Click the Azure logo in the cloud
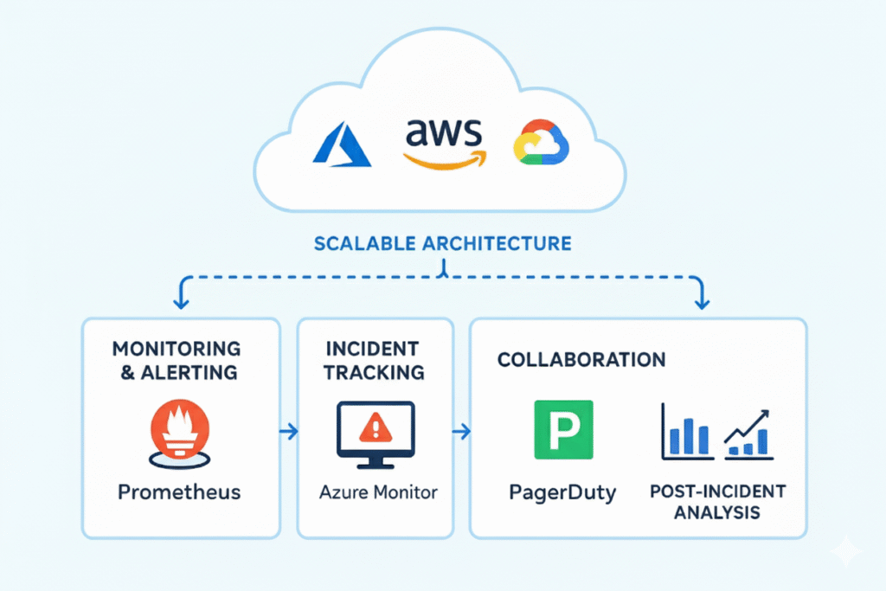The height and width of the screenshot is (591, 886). click(x=341, y=144)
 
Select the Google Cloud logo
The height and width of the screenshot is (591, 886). click(x=541, y=142)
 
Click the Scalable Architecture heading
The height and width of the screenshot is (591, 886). click(x=442, y=242)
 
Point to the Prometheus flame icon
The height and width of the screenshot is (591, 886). click(x=179, y=429)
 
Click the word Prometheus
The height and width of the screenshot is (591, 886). click(x=179, y=492)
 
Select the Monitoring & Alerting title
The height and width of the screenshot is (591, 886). click(x=177, y=360)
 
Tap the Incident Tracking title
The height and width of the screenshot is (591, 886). click(x=375, y=360)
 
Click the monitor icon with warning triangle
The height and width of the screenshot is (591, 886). click(x=375, y=433)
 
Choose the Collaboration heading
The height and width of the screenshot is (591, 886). click(x=581, y=359)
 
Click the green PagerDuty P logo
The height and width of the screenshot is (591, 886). click(x=563, y=428)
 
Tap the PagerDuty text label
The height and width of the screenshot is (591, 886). click(x=563, y=493)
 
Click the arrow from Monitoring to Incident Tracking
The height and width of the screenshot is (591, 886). click(x=289, y=430)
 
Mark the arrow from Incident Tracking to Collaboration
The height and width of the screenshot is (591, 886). click(x=462, y=430)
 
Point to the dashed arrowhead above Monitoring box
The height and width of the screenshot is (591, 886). click(x=181, y=301)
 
